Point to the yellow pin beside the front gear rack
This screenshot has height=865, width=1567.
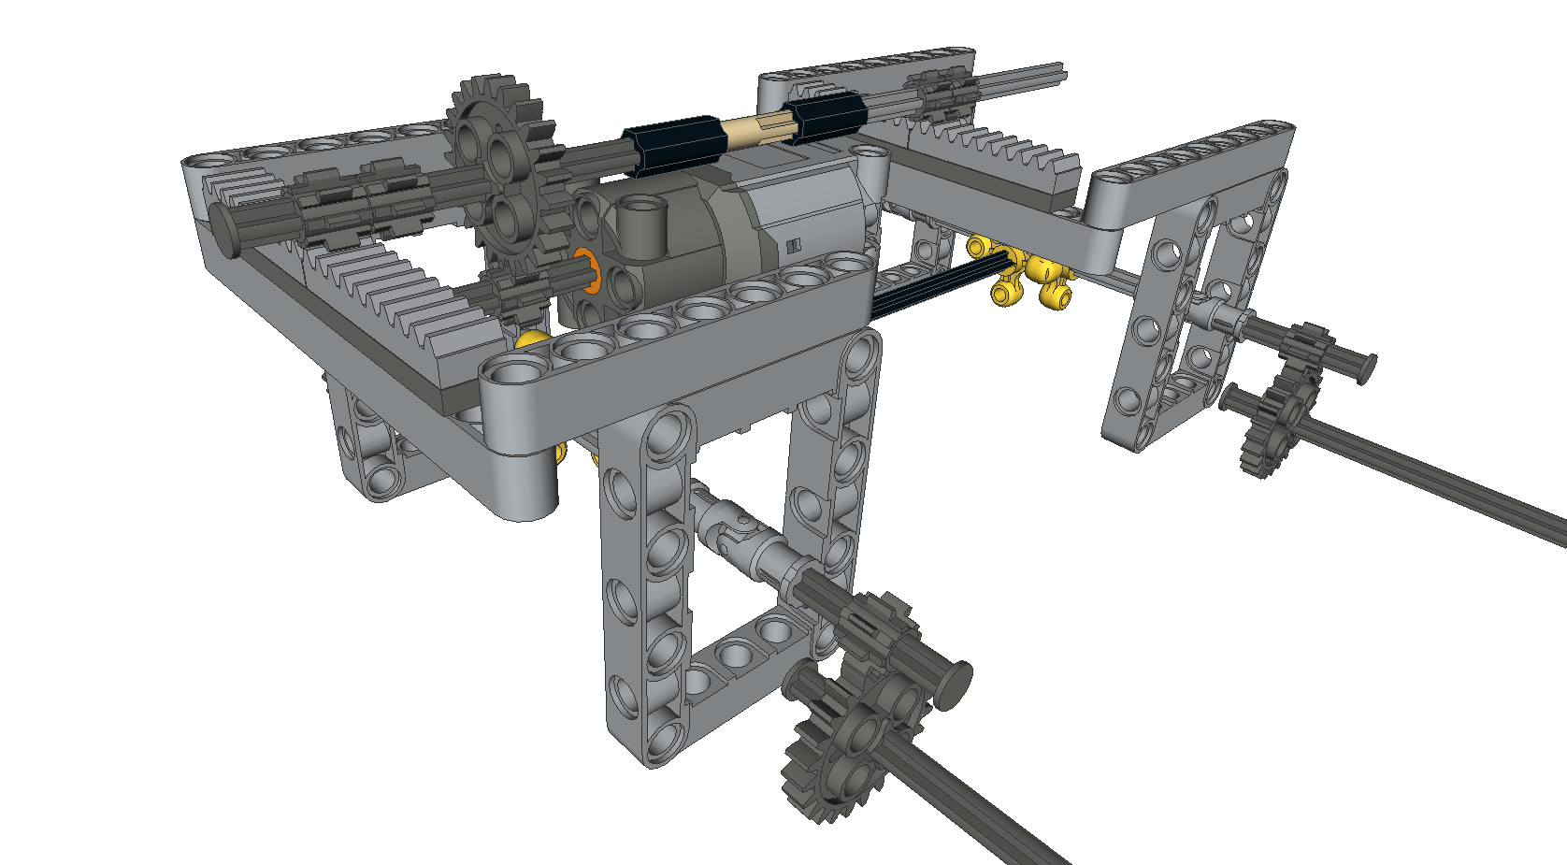pyautogui.click(x=531, y=340)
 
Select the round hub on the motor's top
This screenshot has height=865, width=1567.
pyautogui.click(x=641, y=219)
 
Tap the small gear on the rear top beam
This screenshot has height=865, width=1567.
pyautogui.click(x=944, y=94)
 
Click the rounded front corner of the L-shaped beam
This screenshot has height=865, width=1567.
pyautogui.click(x=524, y=486)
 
